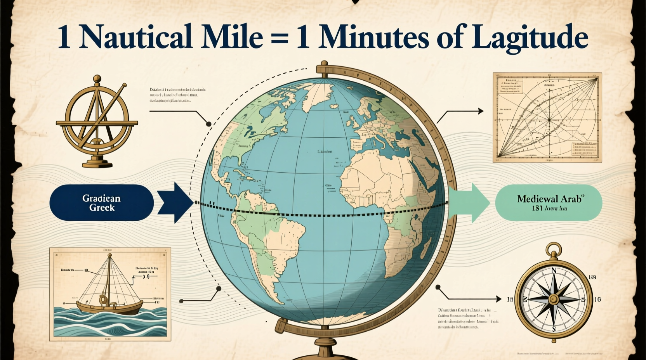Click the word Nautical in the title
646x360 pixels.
[135, 37]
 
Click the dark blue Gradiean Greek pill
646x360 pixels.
[102, 203]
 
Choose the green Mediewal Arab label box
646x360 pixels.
[549, 203]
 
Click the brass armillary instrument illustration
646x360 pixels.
[97, 121]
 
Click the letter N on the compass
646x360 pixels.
[554, 271]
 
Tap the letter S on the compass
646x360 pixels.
[554, 329]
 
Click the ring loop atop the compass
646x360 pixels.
[553, 250]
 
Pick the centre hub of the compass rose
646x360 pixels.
[554, 299]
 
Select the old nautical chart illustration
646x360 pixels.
[547, 117]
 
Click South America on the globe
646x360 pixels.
[272, 241]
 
